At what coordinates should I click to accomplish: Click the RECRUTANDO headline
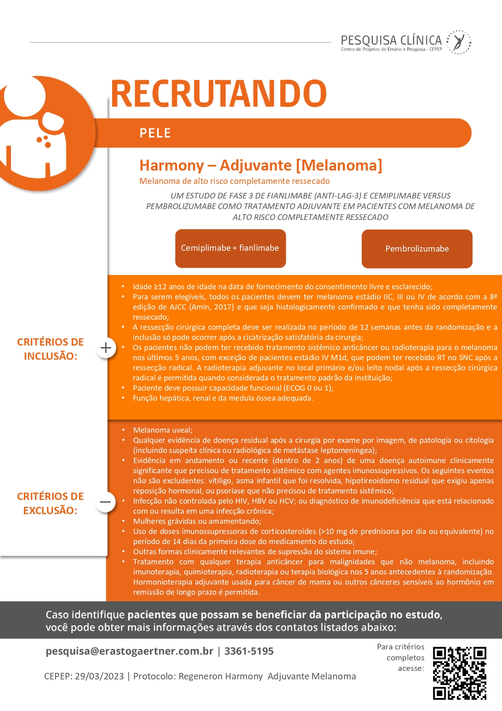[219, 93]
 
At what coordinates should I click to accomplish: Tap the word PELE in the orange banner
[155, 133]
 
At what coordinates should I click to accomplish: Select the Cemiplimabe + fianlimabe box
[230, 248]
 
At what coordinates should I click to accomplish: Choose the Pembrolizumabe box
[417, 249]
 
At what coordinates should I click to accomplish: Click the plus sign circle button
[106, 348]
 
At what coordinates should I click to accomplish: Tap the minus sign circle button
[105, 502]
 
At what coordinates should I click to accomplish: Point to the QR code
[459, 673]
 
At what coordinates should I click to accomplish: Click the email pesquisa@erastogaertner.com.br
[130, 651]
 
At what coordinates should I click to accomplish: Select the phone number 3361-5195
[249, 651]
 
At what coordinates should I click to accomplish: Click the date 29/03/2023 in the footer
[99, 676]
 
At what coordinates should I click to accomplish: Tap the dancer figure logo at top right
[459, 42]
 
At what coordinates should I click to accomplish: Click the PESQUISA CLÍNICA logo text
[391, 41]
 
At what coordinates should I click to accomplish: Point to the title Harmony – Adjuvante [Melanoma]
[261, 165]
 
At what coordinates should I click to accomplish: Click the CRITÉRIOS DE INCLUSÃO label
[50, 349]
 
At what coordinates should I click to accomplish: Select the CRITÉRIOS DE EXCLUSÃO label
[50, 503]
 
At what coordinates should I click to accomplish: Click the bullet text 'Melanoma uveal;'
[163, 430]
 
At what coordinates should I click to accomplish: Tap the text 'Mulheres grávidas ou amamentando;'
[197, 521]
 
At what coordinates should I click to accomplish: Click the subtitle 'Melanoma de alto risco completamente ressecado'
[234, 181]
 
